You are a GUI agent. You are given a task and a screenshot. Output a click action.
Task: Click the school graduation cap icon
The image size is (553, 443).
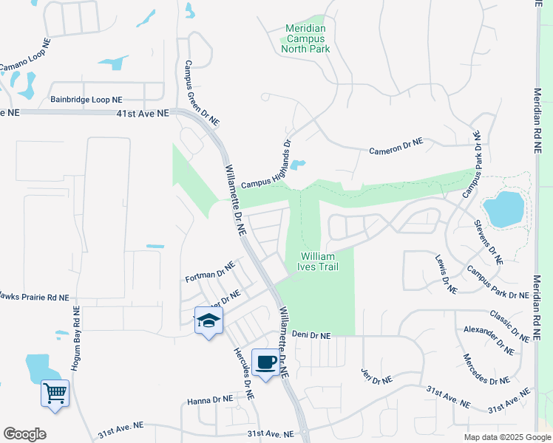209,321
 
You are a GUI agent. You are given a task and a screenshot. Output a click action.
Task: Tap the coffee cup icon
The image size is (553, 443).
266,363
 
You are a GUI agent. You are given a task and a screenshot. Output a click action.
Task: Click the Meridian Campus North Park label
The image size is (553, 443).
305,38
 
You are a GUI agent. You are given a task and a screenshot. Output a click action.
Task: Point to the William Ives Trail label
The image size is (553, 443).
319,261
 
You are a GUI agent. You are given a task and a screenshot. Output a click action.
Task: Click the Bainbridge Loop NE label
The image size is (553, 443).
86,99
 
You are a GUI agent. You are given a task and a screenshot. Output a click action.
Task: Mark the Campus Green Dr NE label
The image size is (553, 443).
202,92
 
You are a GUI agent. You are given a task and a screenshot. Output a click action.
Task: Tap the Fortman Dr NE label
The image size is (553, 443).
209,270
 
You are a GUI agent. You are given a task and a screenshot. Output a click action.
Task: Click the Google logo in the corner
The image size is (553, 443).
24,433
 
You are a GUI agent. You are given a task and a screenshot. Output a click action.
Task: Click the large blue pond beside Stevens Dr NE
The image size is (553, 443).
503,209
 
